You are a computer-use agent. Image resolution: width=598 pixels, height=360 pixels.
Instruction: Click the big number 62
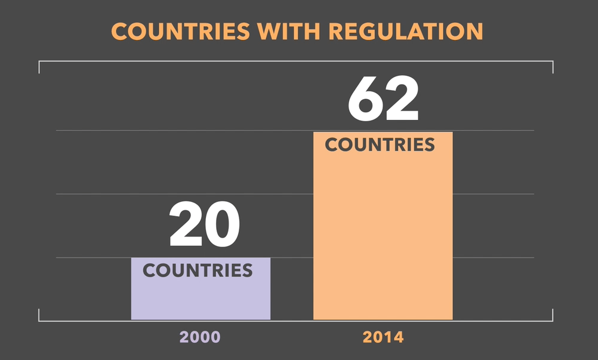(x=384, y=99)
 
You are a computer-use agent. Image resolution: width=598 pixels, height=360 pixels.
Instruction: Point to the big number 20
(x=204, y=226)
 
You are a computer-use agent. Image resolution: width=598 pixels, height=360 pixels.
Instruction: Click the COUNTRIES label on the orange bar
(x=380, y=145)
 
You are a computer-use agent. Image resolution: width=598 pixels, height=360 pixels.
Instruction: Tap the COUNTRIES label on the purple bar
(x=198, y=270)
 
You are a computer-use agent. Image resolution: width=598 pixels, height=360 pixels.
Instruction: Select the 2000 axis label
(x=200, y=337)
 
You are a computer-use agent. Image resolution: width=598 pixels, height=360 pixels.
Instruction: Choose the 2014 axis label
(x=383, y=337)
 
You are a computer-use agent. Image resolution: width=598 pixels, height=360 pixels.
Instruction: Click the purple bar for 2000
(x=201, y=299)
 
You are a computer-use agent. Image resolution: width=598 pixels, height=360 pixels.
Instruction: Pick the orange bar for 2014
(x=383, y=239)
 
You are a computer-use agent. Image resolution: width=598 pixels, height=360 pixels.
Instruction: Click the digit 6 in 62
(x=365, y=99)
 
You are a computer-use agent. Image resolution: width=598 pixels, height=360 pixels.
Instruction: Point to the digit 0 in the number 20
(x=223, y=226)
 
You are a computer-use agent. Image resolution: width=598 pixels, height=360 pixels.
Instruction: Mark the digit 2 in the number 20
(x=186, y=226)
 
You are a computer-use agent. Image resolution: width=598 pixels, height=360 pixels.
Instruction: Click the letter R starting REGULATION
(x=337, y=32)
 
